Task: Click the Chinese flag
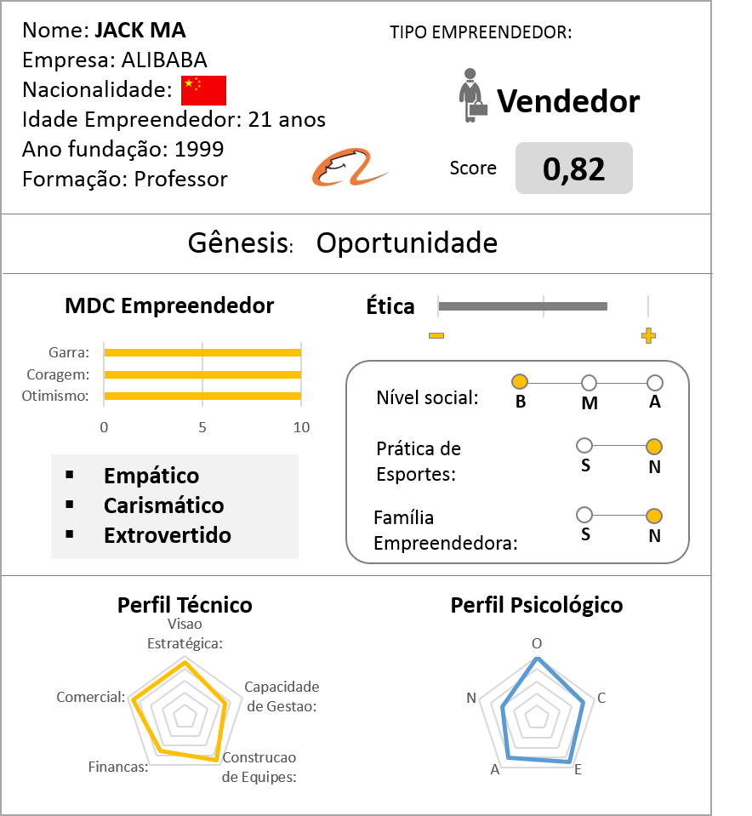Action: [x=203, y=90]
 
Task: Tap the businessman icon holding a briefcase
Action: [x=473, y=95]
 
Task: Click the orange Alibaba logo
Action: [x=350, y=168]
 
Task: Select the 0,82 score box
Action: [x=574, y=169]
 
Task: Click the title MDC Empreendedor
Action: [x=169, y=305]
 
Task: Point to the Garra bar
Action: [x=202, y=353]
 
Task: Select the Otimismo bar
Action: [x=202, y=396]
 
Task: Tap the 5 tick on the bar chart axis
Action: [x=202, y=427]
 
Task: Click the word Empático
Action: [x=151, y=476]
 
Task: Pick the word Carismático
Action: [x=163, y=505]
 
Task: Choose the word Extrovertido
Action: [x=167, y=535]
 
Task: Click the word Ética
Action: [x=390, y=306]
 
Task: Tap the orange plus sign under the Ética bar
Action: [x=648, y=335]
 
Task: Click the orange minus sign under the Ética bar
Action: [x=436, y=335]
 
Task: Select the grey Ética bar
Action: [x=522, y=305]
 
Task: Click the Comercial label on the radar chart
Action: [x=90, y=697]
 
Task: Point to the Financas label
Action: [x=118, y=767]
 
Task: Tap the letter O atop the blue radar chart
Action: [x=536, y=643]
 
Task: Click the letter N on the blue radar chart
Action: [x=471, y=698]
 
